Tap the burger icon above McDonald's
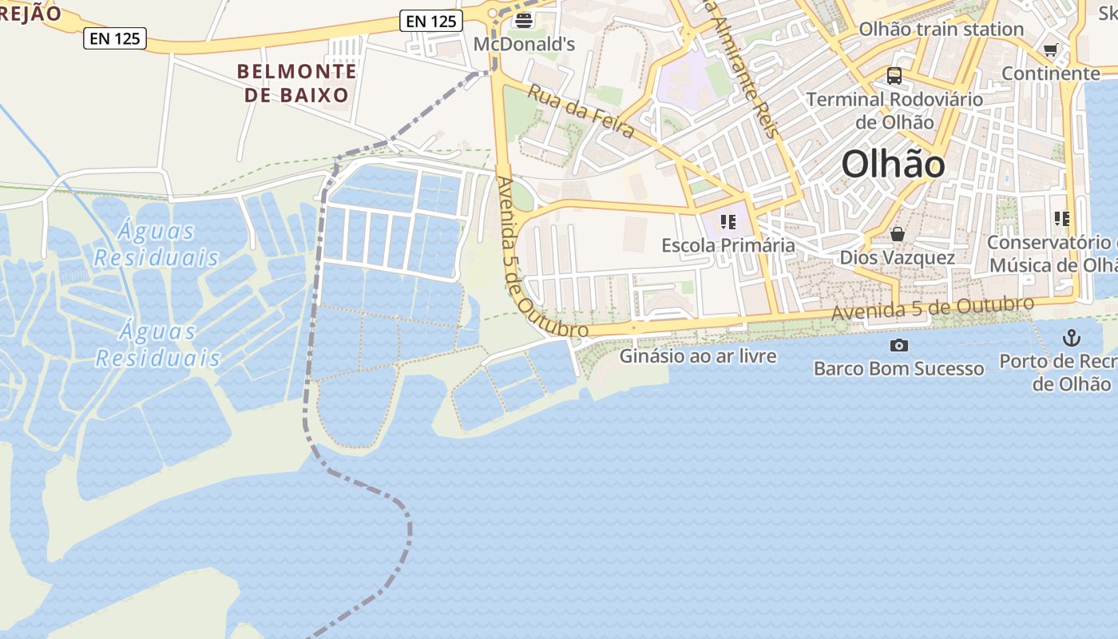(x=525, y=20)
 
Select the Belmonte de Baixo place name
(x=297, y=83)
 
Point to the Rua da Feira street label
(x=581, y=111)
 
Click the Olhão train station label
(x=941, y=30)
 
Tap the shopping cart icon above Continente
(x=1050, y=50)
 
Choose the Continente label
(x=1050, y=73)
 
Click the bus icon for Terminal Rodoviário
(x=894, y=76)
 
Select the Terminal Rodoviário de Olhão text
(x=894, y=110)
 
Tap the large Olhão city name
(x=893, y=165)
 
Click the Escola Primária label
(x=727, y=245)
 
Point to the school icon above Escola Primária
(x=727, y=221)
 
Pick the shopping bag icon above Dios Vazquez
(x=898, y=234)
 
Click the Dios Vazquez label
(x=897, y=258)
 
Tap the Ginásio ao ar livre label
(x=698, y=355)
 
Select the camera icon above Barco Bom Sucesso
(x=898, y=345)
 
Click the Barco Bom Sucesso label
(x=898, y=368)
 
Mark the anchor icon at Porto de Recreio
(x=1071, y=338)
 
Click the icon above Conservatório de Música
(x=1061, y=218)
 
